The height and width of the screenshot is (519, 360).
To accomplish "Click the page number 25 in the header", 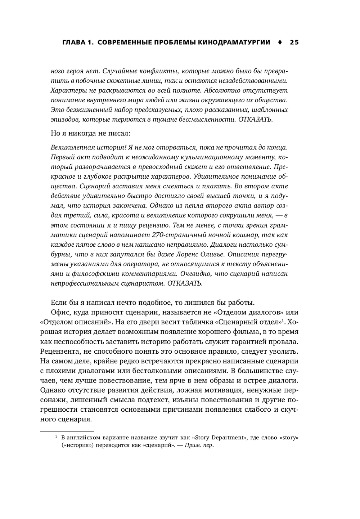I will [x=294, y=42].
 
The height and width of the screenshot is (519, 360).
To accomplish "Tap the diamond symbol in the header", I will [x=280, y=42].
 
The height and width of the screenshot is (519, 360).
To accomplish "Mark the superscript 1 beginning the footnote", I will [x=56, y=437].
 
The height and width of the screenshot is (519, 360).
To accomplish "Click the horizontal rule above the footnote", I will [x=67, y=430].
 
